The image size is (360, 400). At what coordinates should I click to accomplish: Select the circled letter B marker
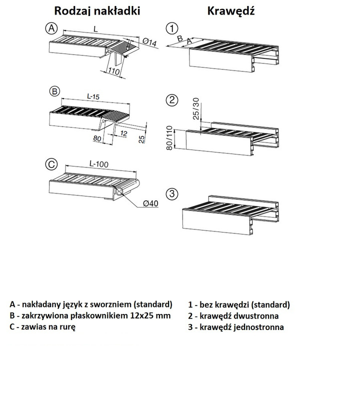[54, 91]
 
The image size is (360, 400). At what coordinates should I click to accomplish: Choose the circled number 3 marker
[172, 194]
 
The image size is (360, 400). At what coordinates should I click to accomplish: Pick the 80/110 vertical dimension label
[170, 138]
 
